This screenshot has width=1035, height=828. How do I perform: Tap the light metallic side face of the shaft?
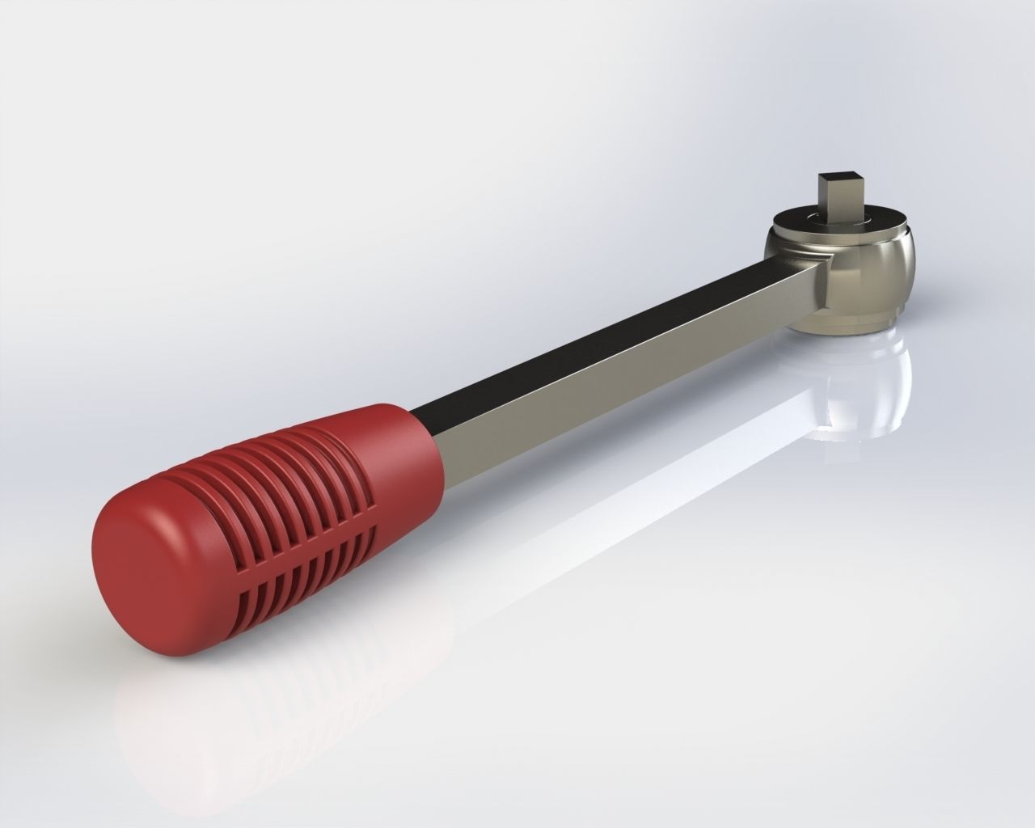[x=631, y=388]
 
